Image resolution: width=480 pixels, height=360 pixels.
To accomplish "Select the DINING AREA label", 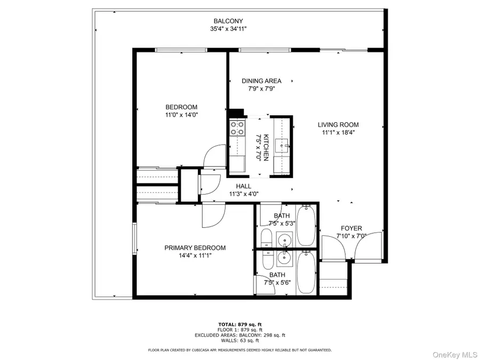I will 261,81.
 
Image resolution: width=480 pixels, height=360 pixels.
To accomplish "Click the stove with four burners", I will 237,128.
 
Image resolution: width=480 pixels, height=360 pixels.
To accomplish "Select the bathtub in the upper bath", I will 306,226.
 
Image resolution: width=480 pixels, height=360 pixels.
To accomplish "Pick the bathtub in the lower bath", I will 306,273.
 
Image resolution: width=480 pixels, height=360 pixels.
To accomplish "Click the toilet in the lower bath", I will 268,260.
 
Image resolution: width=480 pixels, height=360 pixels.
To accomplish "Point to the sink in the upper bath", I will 286,241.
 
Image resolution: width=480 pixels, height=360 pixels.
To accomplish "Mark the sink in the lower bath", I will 286,260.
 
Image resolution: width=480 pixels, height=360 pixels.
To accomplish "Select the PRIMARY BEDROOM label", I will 195,248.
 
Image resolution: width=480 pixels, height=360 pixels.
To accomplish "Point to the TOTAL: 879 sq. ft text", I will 240,324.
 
